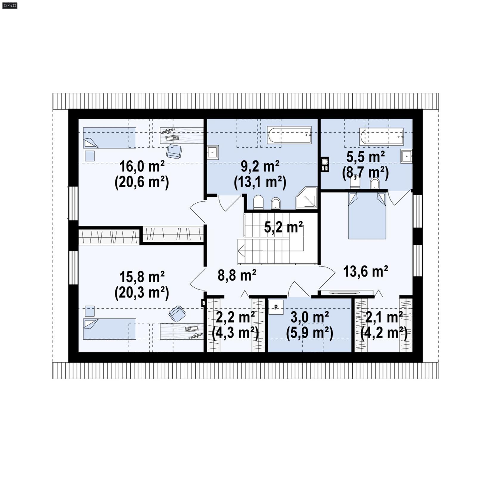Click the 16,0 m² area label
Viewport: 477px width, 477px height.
pos(142,167)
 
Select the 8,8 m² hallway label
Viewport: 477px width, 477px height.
pos(237,275)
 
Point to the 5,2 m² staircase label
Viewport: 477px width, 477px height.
pos(283,227)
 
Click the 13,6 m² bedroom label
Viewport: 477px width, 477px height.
pos(366,271)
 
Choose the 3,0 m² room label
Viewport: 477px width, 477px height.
pos(309,318)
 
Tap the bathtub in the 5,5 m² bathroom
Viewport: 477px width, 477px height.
pos(382,137)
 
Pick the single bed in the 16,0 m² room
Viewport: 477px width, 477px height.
pos(109,138)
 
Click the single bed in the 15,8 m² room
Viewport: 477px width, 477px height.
pos(109,329)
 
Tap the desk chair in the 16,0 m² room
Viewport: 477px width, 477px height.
pos(174,151)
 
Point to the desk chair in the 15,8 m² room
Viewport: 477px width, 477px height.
pos(177,314)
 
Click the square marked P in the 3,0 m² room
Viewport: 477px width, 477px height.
pos(276,307)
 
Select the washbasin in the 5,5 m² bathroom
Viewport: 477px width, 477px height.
pos(406,156)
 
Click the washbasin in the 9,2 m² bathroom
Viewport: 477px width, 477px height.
pos(213,152)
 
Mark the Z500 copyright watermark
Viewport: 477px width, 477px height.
pos(10,5)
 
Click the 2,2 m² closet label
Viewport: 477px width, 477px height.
pos(235,318)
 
